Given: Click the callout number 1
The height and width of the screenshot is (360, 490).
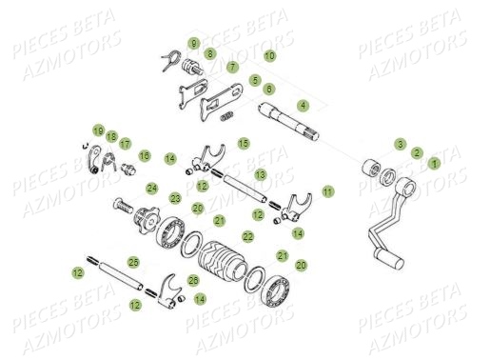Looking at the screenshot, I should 435,163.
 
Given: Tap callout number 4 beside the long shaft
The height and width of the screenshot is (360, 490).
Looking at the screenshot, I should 302,104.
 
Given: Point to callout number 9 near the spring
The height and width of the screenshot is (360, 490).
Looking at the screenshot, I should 193,44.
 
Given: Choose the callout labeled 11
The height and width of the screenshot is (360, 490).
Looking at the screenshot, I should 327,191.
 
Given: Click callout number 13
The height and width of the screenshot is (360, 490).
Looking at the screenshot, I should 260,175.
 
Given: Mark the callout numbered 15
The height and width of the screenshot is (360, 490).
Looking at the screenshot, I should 244,144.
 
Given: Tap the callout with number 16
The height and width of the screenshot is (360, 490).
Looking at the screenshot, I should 145,154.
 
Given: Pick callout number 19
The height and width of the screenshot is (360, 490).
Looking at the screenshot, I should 97,130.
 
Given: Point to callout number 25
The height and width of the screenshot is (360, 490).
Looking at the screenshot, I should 132,261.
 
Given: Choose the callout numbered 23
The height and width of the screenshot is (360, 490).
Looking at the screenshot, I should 175,198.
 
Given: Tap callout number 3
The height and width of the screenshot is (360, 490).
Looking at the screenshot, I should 400,144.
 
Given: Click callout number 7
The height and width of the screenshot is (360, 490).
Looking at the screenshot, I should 231,68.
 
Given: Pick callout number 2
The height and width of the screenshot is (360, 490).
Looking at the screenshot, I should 417,152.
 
